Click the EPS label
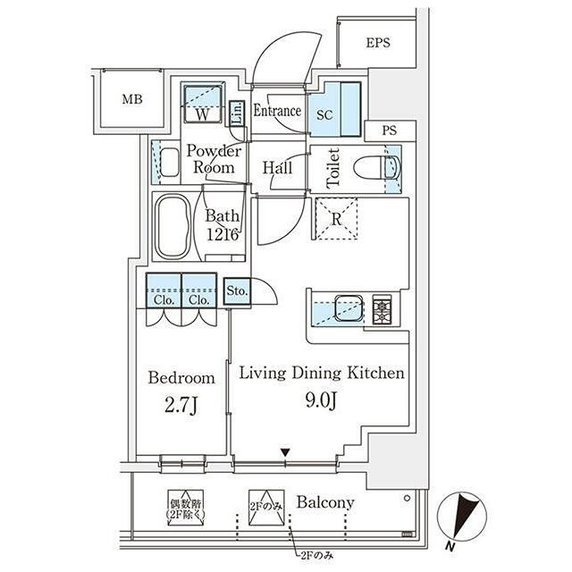point(378,43)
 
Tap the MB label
point(132,99)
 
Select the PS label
point(390,130)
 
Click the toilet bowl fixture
point(376,167)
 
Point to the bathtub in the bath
point(172,226)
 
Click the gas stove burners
point(382,309)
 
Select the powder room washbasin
point(169,162)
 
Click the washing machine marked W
point(202,104)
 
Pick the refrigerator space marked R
point(336,219)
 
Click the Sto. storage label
point(237,290)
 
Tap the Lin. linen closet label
point(237,114)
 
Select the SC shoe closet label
point(324,115)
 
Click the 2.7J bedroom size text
point(181,405)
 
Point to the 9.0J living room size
point(321,400)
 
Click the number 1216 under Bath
point(223,234)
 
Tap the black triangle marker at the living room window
point(285,452)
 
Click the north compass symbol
point(462,517)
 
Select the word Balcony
point(325,502)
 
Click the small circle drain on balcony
point(408,498)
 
